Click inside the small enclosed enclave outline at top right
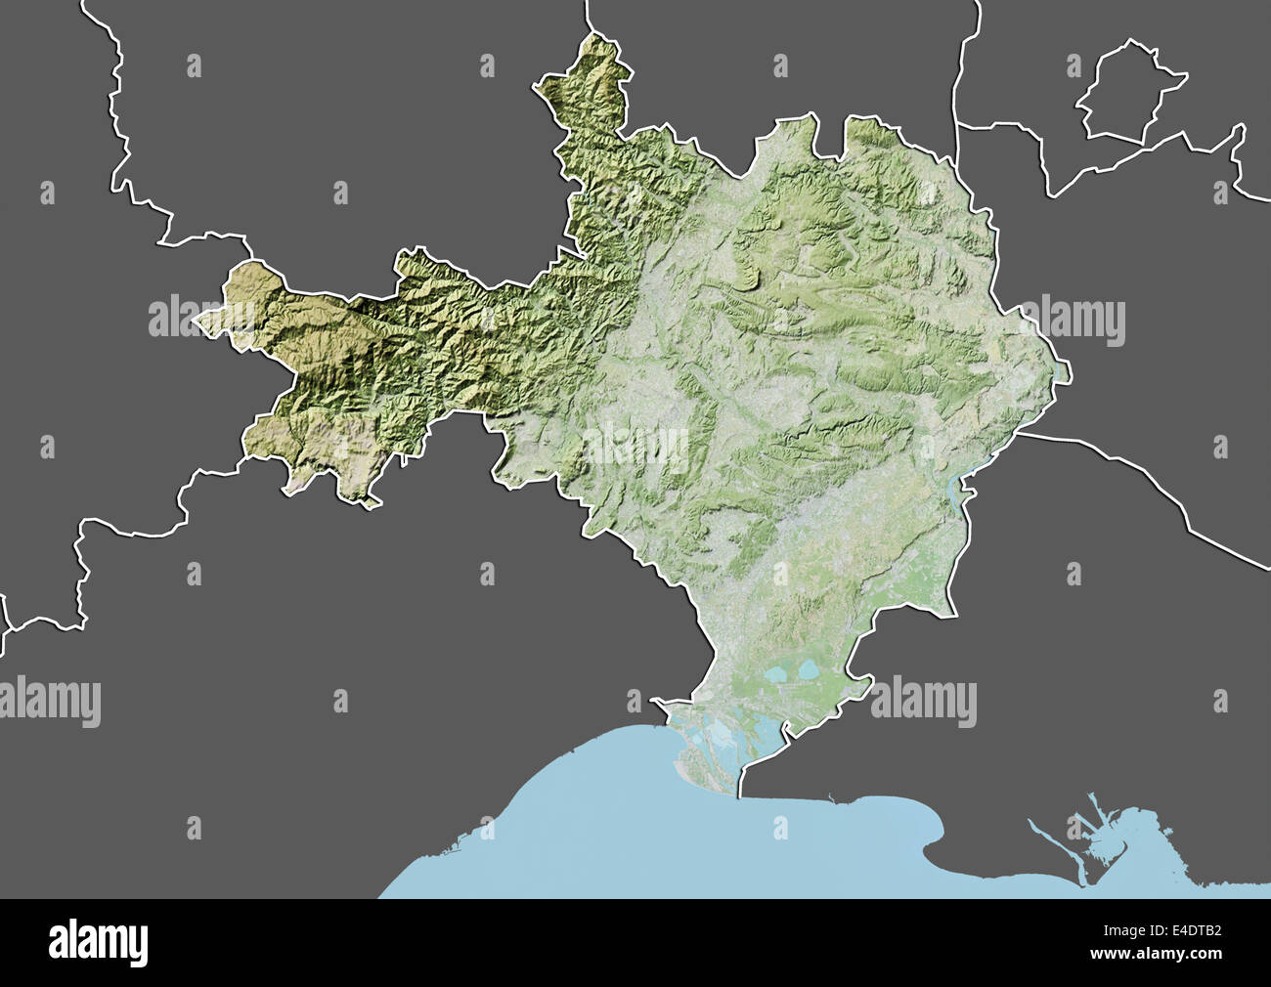(1126, 93)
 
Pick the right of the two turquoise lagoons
(811, 672)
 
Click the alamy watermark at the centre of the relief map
(635, 446)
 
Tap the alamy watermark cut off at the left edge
(49, 701)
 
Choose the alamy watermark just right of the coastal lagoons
(924, 701)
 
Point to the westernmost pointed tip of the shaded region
(197, 320)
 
